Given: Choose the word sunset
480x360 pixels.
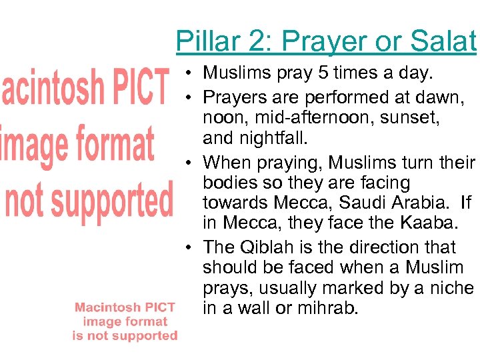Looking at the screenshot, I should click(417, 118).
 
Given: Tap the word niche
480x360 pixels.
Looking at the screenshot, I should click(453, 288).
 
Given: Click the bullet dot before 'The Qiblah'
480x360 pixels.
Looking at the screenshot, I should click(190, 248).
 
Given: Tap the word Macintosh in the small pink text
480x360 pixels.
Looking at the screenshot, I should click(103, 307).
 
